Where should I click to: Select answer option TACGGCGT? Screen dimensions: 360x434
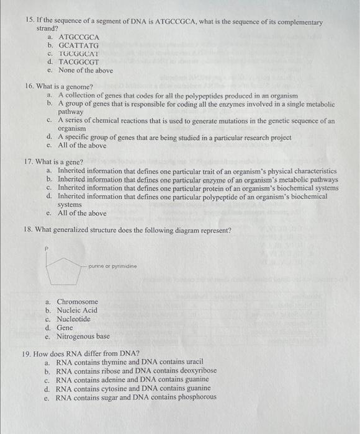pos(79,62)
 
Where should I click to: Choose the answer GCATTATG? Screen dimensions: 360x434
pos(78,45)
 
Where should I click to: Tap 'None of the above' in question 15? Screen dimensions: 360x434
pos(85,71)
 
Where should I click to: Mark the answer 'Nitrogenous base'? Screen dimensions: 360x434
pos(83,336)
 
